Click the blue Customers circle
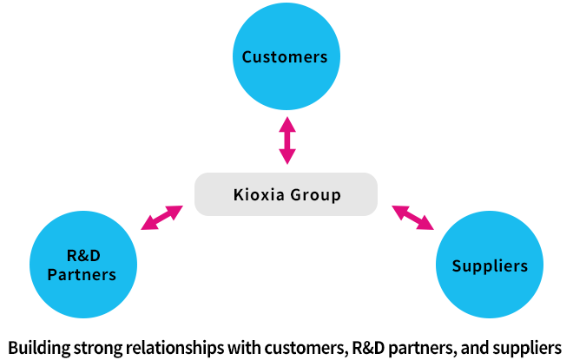(285, 57)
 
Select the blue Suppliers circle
(490, 265)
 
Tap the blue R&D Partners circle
(84, 265)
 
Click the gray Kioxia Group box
(286, 194)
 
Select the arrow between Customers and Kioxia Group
(286, 141)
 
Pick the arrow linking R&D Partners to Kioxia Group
(161, 218)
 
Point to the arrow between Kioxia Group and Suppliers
(413, 217)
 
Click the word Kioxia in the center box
(259, 194)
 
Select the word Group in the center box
(317, 194)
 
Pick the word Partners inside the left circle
(84, 275)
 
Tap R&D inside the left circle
(84, 256)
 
